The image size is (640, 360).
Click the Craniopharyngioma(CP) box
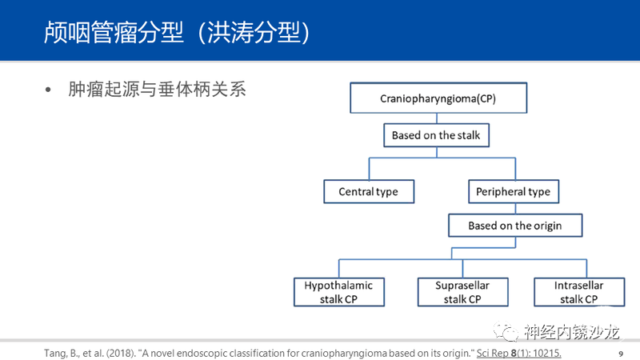[438, 98]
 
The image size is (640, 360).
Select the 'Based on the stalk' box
[436, 135]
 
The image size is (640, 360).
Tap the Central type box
[369, 191]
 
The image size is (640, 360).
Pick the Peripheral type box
[514, 191]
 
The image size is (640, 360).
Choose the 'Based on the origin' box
[515, 226]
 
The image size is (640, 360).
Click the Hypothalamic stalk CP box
[338, 292]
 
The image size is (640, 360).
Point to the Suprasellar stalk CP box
[463, 292]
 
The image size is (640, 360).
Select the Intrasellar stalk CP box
[579, 292]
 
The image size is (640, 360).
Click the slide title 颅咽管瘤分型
[114, 32]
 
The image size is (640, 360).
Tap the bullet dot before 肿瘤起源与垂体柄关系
[48, 90]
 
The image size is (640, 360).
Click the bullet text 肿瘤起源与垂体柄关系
[157, 90]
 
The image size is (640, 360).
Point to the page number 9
[621, 354]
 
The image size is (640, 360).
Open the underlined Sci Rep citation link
[518, 353]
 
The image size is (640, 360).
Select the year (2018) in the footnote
[122, 354]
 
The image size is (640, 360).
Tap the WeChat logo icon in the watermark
[506, 331]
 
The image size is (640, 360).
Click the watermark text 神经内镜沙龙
[572, 332]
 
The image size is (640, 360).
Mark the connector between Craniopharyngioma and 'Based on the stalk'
[437, 118]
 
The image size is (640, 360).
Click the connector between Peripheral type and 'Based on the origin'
[515, 209]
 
